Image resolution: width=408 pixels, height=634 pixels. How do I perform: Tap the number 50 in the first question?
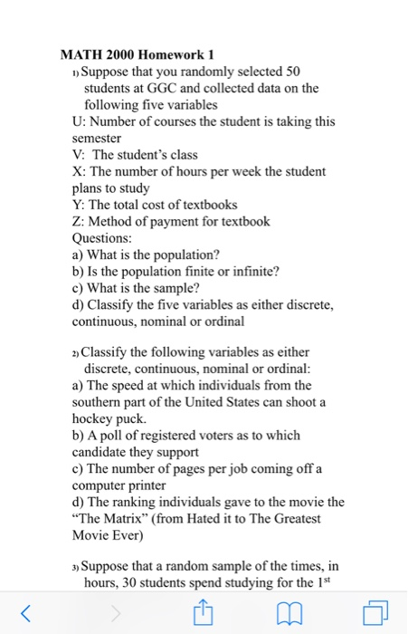[287, 72]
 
